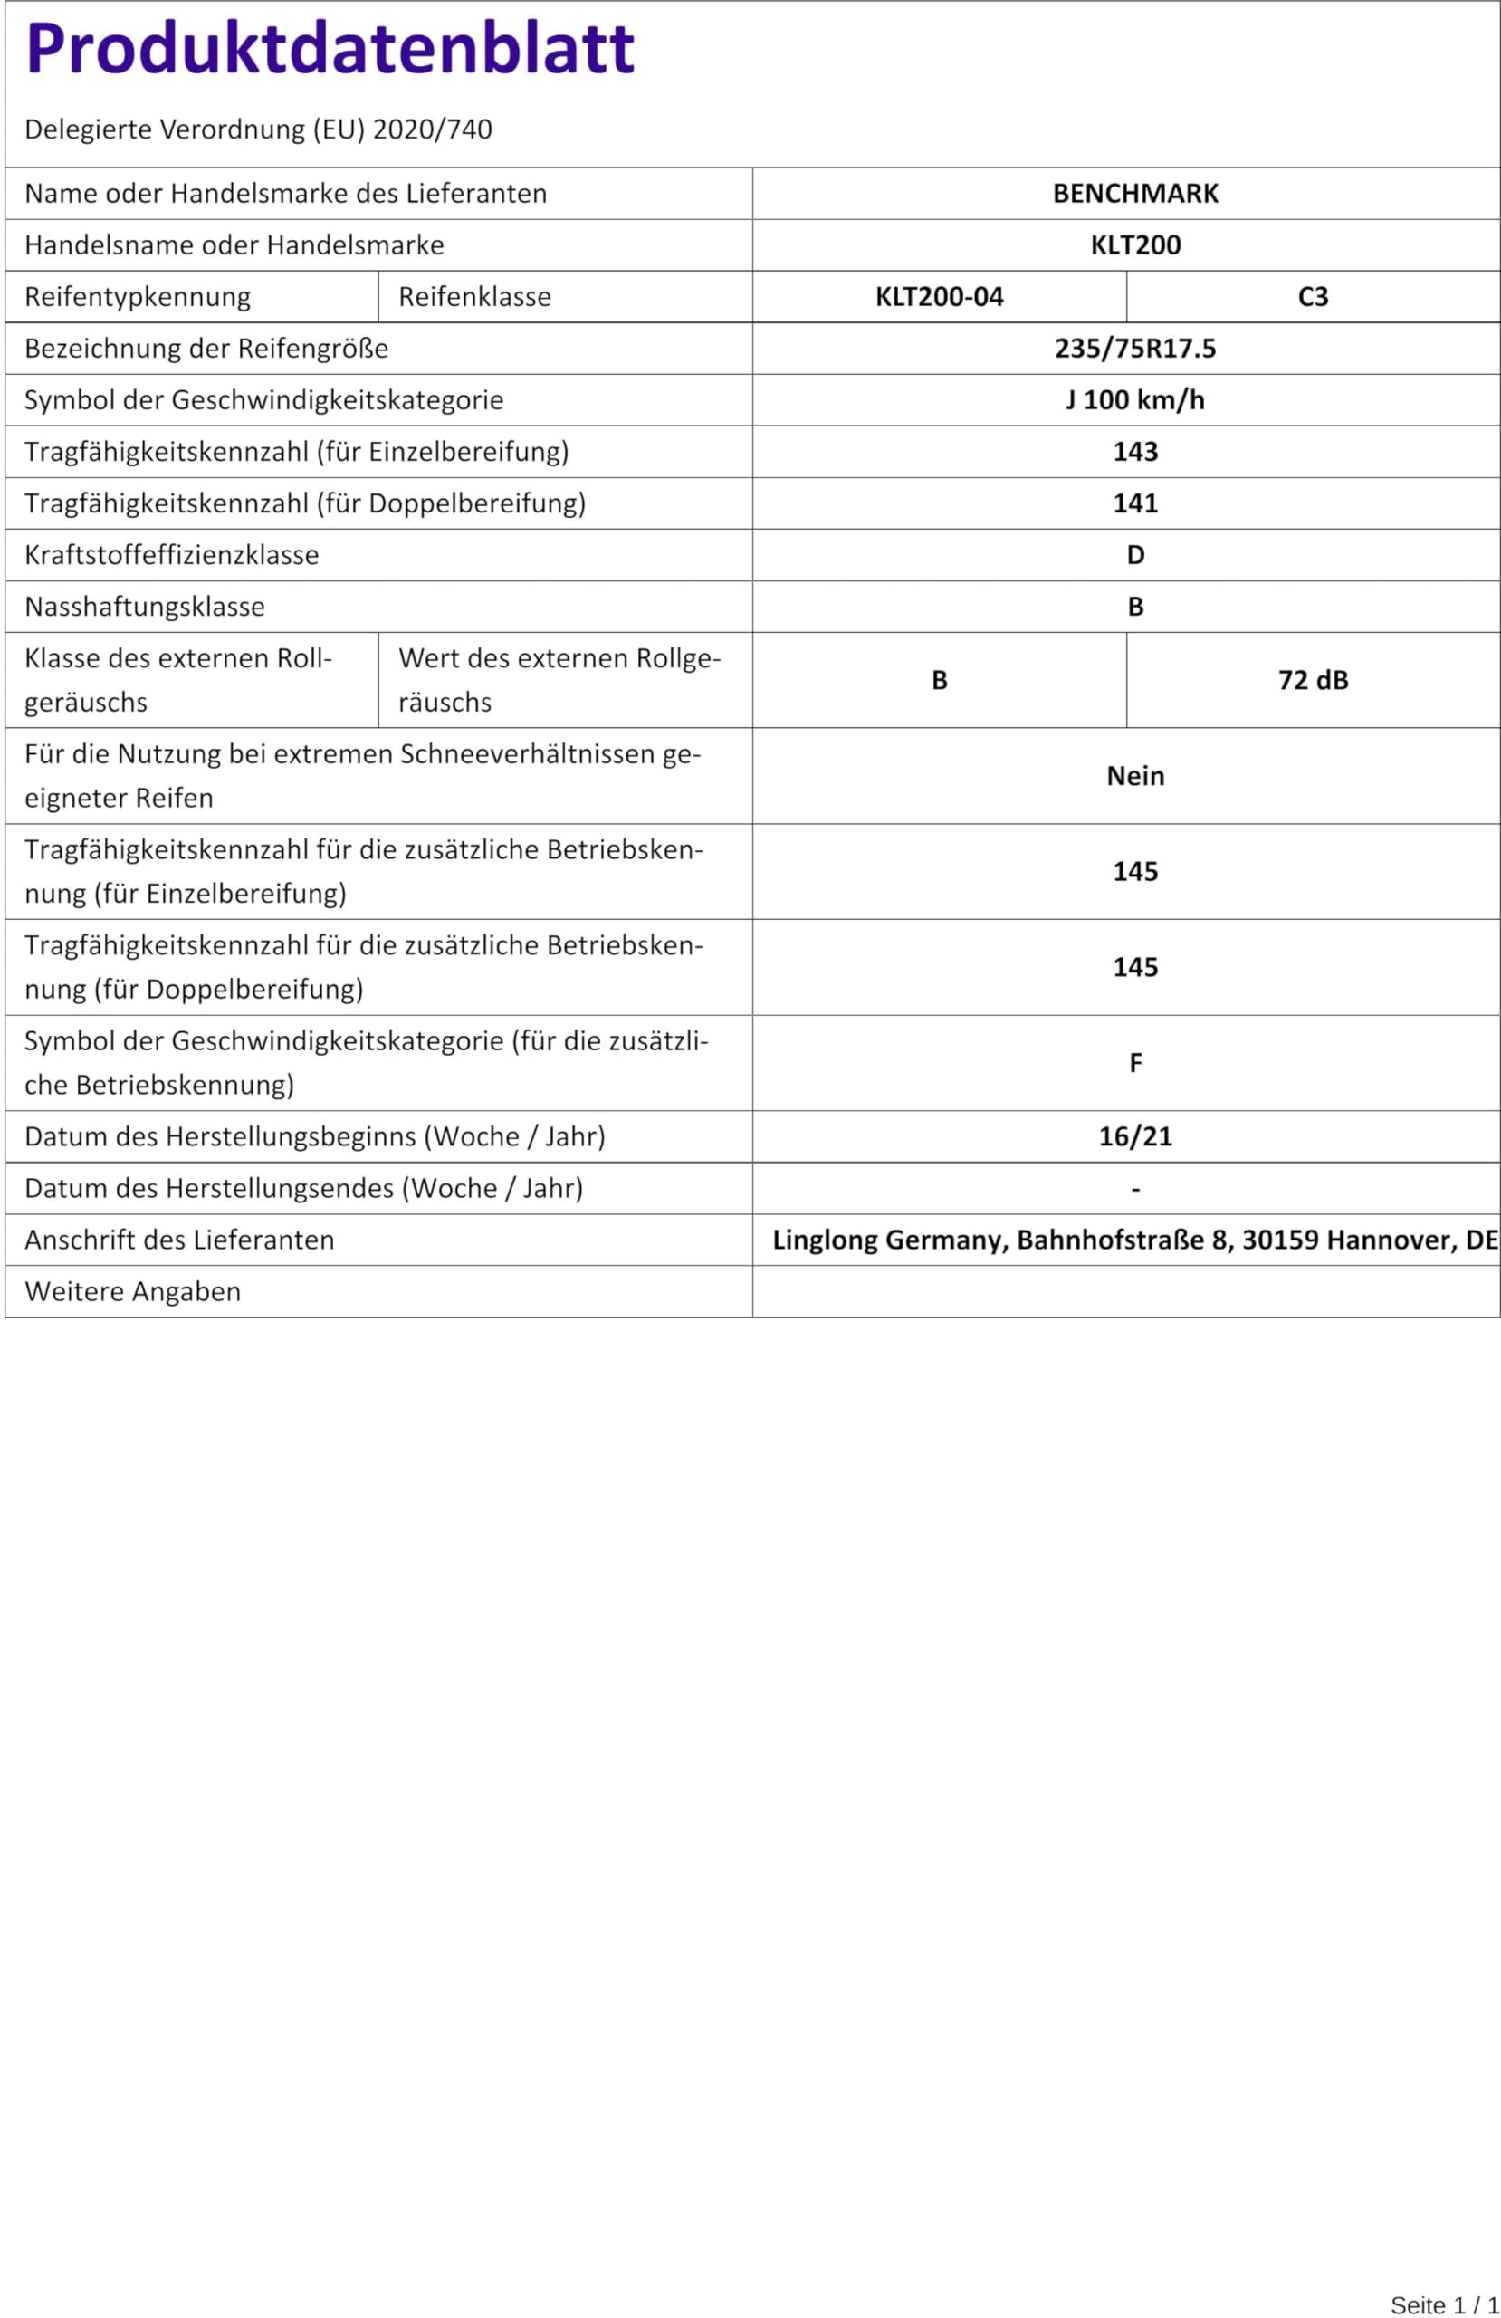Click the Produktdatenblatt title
[x=330, y=49]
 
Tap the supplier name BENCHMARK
[x=1134, y=193]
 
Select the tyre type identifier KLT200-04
[x=939, y=296]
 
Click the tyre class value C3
[x=1312, y=296]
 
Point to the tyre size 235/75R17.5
[x=1134, y=348]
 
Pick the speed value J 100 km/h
[x=1134, y=399]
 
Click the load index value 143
[x=1134, y=451]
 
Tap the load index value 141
[x=1134, y=503]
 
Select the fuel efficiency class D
[x=1134, y=554]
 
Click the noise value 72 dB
[x=1312, y=680]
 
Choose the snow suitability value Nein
[x=1134, y=775]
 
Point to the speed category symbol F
[x=1134, y=1063]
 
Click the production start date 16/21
[x=1134, y=1135]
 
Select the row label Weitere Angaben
[x=132, y=1290]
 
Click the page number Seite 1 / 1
[x=1445, y=2304]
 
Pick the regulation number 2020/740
[x=432, y=129]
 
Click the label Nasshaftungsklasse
[x=144, y=606]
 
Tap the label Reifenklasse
[x=474, y=296]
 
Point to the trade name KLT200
[x=1134, y=244]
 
